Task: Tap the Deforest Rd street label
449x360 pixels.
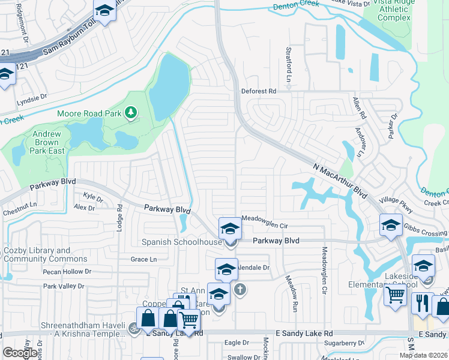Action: (x=258, y=91)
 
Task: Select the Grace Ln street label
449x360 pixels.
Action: (x=143, y=259)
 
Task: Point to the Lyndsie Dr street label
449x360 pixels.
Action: (x=32, y=97)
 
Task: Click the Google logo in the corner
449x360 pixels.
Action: (x=19, y=353)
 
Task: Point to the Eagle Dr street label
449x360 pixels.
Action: (x=237, y=343)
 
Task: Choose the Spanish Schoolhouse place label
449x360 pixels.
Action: (x=181, y=242)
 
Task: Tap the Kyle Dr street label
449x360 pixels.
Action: (x=93, y=197)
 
